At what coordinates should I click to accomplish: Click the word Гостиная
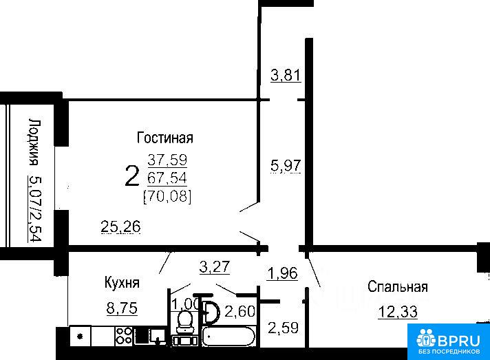[x=165, y=138]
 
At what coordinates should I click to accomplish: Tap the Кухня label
[x=122, y=283]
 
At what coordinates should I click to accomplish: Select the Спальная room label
[x=398, y=286]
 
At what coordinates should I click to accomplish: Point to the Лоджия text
[x=34, y=142]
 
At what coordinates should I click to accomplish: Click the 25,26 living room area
[x=121, y=226]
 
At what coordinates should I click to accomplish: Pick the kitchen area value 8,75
[x=122, y=308]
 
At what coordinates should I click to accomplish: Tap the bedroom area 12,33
[x=398, y=312]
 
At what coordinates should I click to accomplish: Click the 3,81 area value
[x=286, y=75]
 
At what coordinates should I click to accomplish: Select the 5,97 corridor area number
[x=286, y=165]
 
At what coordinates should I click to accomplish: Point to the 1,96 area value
[x=282, y=273]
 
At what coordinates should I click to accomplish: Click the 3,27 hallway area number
[x=215, y=267]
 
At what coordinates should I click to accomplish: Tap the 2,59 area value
[x=284, y=328]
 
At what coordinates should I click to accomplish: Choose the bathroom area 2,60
[x=240, y=311]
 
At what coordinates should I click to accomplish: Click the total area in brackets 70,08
[x=167, y=197]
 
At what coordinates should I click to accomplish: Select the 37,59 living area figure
[x=167, y=160]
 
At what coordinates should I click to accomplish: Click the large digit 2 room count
[x=132, y=176]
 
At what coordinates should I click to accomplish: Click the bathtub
[x=228, y=336]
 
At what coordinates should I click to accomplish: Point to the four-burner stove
[x=124, y=336]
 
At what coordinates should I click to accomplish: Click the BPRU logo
[x=449, y=341]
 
